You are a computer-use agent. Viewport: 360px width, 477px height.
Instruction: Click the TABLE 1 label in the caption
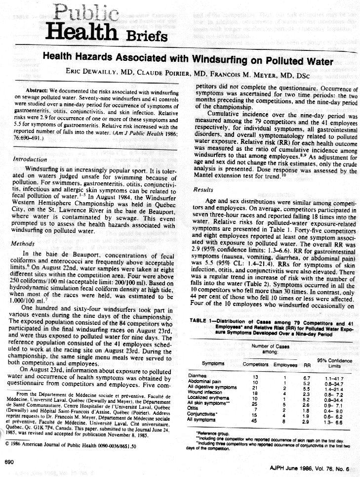(x=200, y=320)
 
